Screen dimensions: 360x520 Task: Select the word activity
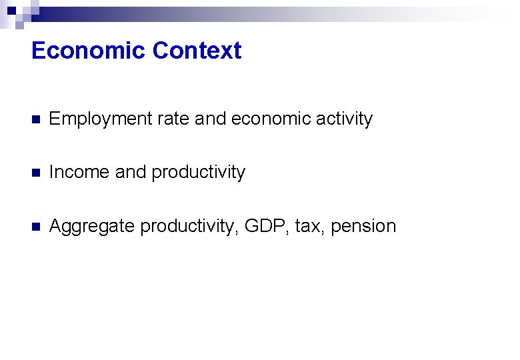345,119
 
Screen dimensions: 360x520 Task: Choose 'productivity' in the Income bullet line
198,173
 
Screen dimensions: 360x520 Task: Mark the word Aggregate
92,227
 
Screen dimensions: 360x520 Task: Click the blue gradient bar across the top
267,11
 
